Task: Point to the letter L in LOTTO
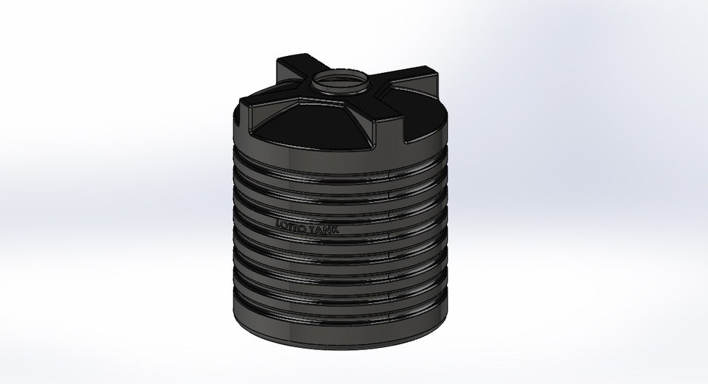pos(279,222)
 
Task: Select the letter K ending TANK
pos(337,231)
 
